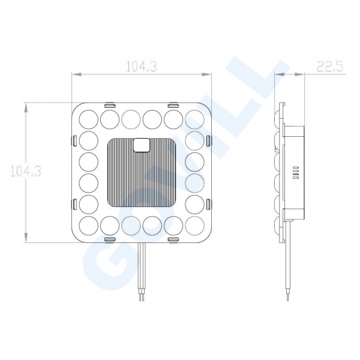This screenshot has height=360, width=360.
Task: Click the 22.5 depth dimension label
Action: click(330, 67)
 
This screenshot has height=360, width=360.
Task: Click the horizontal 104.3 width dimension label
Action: click(142, 67)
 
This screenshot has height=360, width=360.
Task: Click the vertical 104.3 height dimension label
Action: click(26, 171)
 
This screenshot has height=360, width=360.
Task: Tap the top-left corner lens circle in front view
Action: click(89, 119)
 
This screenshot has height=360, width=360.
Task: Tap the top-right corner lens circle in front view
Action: click(194, 119)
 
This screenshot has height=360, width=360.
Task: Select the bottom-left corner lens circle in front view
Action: click(89, 226)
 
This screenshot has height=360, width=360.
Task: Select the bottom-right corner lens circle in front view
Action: click(194, 226)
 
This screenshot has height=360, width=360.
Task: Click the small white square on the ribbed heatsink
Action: click(142, 145)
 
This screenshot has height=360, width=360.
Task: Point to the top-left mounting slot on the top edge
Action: click(110, 106)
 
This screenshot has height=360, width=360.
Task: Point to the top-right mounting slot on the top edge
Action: click(173, 106)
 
